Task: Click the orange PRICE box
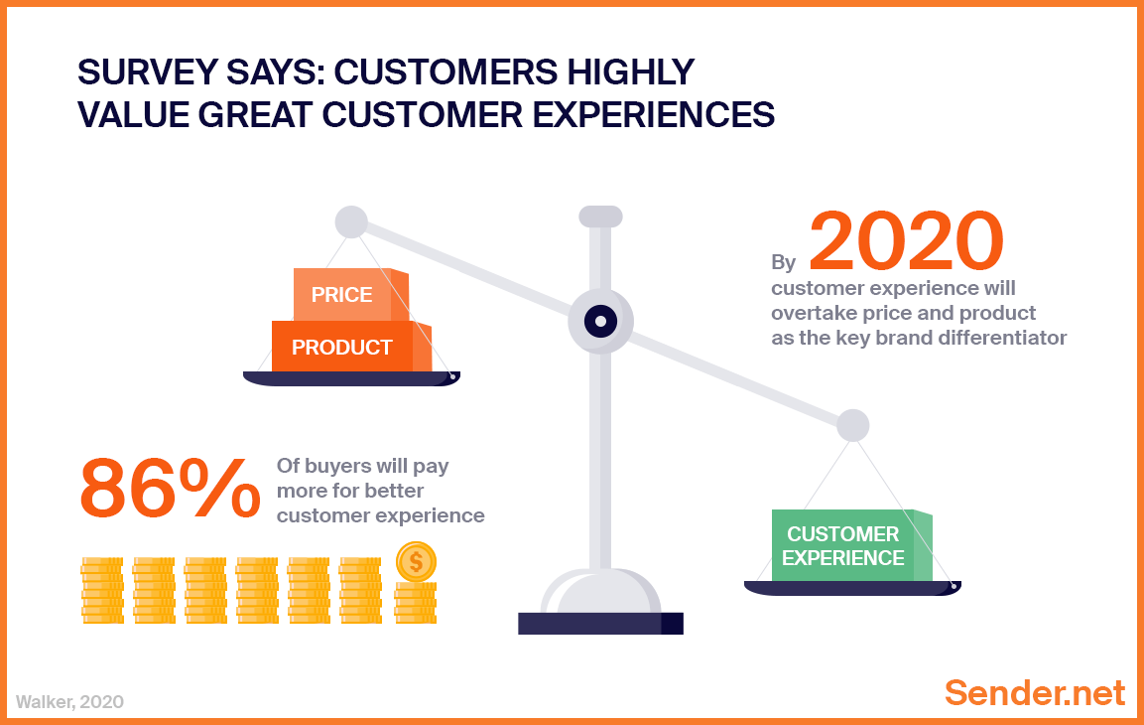point(342,295)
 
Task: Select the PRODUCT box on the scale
point(342,348)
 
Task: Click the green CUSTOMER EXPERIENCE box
point(843,546)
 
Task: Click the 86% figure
point(170,489)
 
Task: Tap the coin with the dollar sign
point(416,563)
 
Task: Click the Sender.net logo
point(1035,692)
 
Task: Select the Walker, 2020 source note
point(69,701)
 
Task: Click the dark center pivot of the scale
point(600,321)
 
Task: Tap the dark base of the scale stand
point(600,623)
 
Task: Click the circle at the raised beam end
point(351,221)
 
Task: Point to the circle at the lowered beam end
point(852,425)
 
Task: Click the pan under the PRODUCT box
point(351,378)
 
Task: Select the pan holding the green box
point(852,588)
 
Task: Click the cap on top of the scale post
point(600,216)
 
